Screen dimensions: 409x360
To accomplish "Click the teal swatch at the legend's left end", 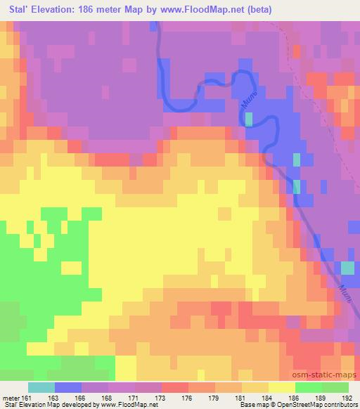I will click(x=41, y=387).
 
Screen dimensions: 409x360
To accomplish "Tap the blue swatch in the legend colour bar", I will click(x=69, y=387).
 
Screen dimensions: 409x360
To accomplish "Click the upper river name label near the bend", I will click(x=247, y=97).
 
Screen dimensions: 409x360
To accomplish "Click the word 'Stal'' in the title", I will click(x=16, y=10).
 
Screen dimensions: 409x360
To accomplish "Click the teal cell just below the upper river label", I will click(x=249, y=118).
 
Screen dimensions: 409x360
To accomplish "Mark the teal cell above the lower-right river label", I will click(x=347, y=268).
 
